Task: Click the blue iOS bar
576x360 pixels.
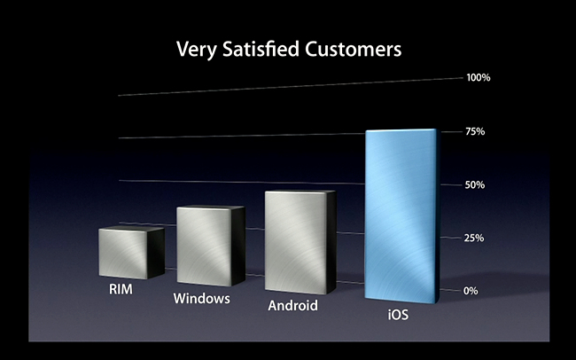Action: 402,216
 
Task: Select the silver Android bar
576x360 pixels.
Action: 300,242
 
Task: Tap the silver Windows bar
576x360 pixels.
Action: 211,246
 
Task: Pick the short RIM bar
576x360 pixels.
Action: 131,253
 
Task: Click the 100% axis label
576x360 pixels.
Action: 479,78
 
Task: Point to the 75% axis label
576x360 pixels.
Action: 475,131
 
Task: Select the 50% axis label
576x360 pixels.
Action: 475,185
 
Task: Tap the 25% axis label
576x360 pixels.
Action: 474,239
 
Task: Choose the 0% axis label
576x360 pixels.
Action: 471,291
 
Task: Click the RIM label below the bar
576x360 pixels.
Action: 121,289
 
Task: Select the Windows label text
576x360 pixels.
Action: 202,298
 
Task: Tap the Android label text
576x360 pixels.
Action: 292,306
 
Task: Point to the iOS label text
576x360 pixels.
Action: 398,315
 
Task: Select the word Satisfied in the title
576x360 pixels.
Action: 261,49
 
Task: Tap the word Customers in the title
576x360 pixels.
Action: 353,50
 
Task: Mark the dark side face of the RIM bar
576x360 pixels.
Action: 156,253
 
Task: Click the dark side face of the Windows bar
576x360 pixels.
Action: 238,246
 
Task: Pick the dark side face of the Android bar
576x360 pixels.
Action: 331,242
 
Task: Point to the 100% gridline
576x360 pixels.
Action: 291,87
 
